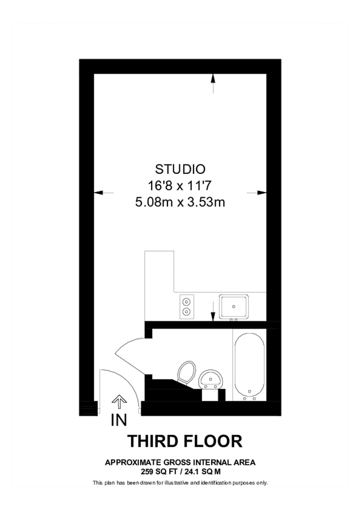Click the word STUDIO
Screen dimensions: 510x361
tap(180, 169)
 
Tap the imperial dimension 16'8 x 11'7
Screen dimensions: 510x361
tap(180, 185)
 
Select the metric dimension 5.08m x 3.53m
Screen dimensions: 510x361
tap(180, 201)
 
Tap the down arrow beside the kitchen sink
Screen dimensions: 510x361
tap(213, 311)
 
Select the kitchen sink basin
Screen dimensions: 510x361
tap(234, 306)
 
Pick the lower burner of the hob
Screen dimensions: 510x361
tap(186, 311)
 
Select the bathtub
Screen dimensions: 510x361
tap(248, 363)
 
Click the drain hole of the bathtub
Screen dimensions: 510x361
tap(248, 390)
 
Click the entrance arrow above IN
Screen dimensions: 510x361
tap(119, 403)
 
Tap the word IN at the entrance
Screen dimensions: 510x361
tap(119, 420)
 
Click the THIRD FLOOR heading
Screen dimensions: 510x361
tap(185, 440)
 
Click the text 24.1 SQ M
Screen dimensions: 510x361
tap(201, 471)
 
